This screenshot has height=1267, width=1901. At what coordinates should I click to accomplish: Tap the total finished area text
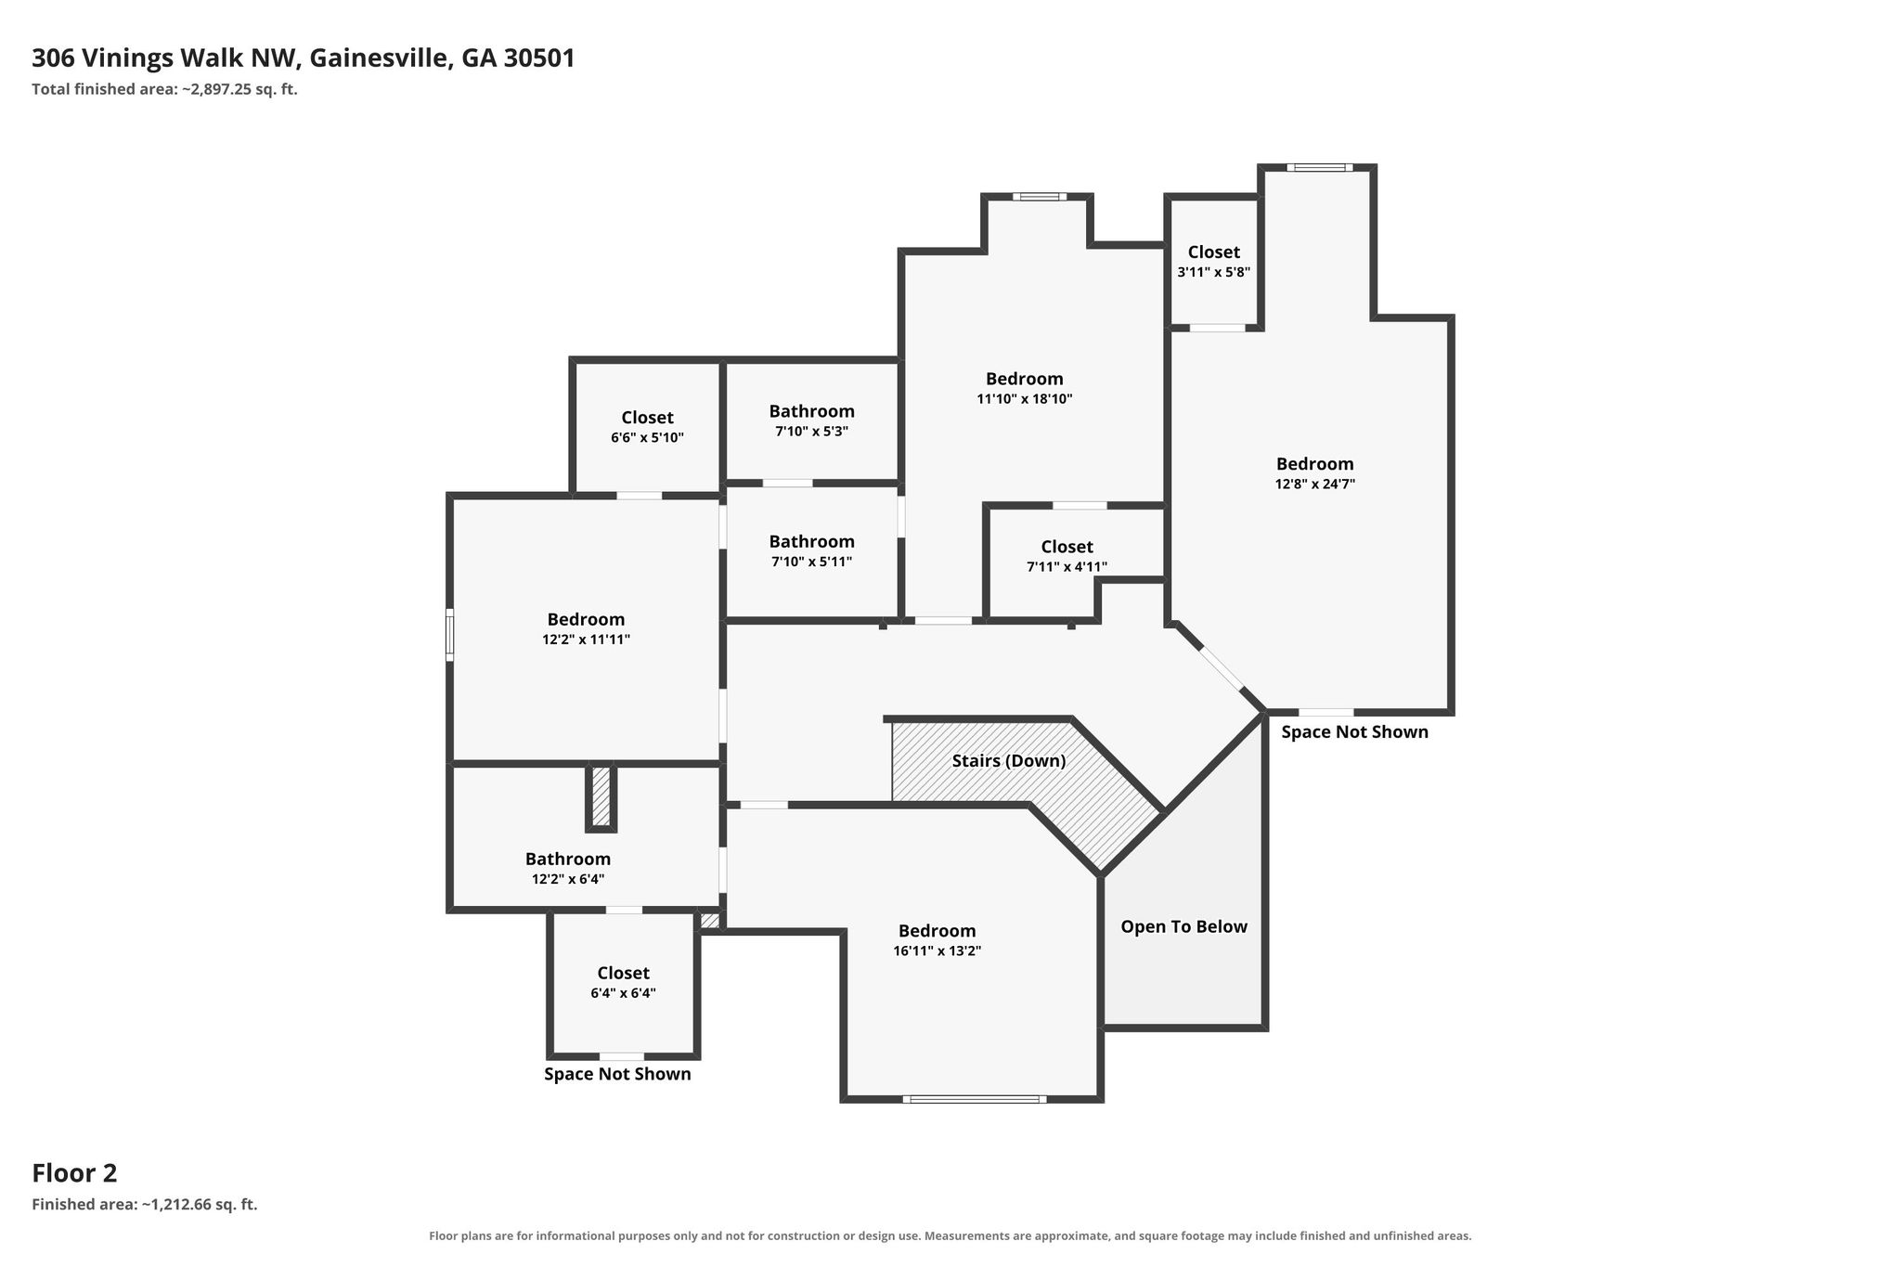tap(164, 90)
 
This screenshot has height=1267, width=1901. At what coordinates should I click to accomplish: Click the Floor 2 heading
tap(74, 1173)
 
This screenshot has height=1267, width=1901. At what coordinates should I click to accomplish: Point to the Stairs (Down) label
tap(1009, 761)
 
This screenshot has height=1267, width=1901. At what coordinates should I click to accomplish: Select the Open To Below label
tap(1183, 926)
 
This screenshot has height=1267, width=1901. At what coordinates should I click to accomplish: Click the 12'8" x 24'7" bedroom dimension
tap(1314, 484)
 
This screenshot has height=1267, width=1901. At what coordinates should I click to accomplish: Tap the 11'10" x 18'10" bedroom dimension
tap(1025, 399)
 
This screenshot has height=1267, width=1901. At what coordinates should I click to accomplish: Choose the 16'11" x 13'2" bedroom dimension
tap(937, 951)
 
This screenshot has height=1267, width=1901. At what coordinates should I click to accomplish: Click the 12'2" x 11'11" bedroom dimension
tap(586, 640)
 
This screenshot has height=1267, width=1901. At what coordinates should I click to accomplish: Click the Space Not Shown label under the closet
tap(617, 1074)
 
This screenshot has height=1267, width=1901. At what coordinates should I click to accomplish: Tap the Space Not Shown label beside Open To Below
tap(1354, 732)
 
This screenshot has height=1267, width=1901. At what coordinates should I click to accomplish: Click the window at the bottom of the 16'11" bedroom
tap(974, 1099)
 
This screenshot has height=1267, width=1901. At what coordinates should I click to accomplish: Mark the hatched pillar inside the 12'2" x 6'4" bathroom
tap(601, 796)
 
